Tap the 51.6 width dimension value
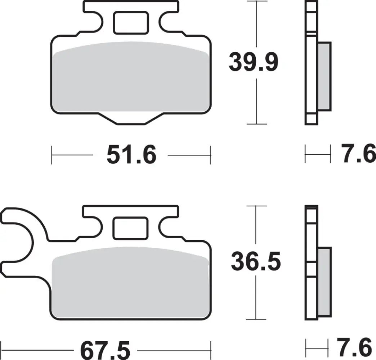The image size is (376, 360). (x=131, y=156)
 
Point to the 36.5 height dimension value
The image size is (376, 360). (x=256, y=262)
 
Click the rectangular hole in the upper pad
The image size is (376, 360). (x=130, y=23)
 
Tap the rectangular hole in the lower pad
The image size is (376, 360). (x=130, y=228)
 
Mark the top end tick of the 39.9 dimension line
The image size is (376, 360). (x=256, y=2)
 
